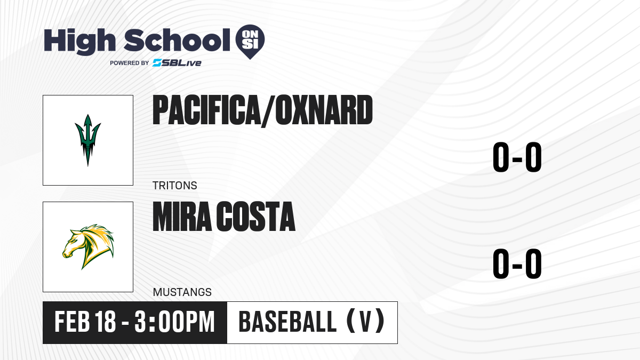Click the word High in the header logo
(79, 42)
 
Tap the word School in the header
(177, 39)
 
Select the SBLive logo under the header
(177, 62)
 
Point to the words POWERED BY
(130, 63)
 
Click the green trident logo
(87, 140)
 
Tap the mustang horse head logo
(88, 247)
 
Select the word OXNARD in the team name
(324, 110)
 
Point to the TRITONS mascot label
(175, 186)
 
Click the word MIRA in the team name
(182, 217)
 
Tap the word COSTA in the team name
(255, 217)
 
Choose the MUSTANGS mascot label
(182, 292)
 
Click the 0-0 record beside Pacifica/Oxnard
(517, 157)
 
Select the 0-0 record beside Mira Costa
(517, 263)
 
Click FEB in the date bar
(73, 322)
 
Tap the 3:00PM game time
(174, 322)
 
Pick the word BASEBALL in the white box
(287, 322)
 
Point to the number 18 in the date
(106, 322)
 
